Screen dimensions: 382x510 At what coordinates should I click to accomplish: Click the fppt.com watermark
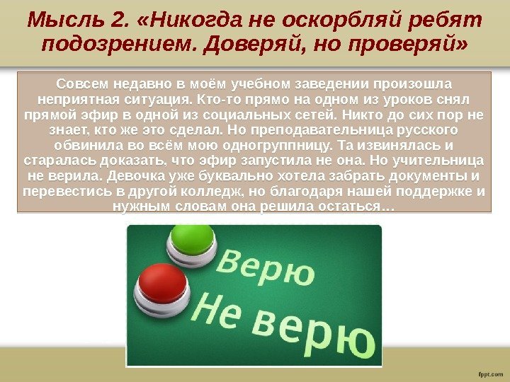click(491, 374)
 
